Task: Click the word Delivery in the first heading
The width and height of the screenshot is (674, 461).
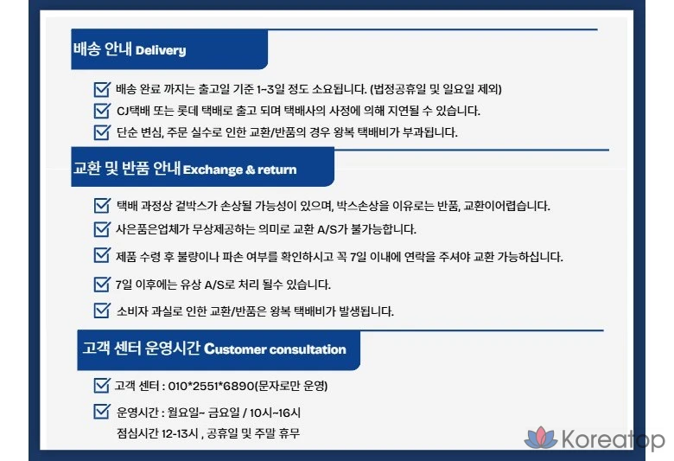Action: click(161, 50)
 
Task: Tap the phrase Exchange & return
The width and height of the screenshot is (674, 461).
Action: click(240, 170)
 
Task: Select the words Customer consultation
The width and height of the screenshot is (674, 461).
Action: click(275, 349)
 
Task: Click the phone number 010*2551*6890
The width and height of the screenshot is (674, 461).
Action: click(212, 386)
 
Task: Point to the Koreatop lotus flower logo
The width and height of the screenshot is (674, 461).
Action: click(541, 438)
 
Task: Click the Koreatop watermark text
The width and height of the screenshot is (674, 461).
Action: click(614, 439)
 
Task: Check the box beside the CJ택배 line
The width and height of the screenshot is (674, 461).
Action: click(102, 110)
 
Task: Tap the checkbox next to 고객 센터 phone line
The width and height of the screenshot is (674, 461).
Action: click(102, 385)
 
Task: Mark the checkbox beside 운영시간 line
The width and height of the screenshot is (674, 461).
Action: click(102, 411)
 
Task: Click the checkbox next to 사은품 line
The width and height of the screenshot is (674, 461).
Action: click(102, 228)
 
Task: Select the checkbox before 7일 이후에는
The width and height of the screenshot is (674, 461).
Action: click(102, 284)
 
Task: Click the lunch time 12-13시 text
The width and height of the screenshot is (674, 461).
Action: click(180, 433)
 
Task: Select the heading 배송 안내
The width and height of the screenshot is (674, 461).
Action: click(102, 48)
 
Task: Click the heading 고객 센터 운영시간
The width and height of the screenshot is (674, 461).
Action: click(141, 348)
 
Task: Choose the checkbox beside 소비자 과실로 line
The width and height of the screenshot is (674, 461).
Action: click(102, 311)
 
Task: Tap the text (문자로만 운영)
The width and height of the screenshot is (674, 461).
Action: click(291, 386)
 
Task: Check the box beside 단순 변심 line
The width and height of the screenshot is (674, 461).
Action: click(102, 131)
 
